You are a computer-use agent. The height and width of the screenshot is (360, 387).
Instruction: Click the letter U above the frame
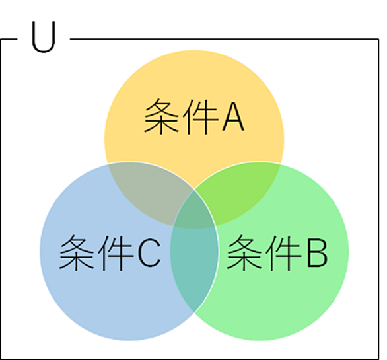(44, 36)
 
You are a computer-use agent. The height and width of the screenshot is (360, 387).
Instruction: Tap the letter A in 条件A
(233, 116)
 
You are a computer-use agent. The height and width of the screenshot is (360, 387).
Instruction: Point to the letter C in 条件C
(149, 253)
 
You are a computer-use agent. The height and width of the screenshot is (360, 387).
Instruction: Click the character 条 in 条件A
(162, 116)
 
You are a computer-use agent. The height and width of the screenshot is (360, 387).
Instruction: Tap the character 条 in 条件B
(244, 252)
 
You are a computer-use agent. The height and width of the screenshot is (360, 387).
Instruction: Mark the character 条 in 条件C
(77, 252)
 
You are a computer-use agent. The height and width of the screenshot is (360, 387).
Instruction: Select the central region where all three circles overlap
(194, 211)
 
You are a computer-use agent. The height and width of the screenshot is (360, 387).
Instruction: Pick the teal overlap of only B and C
(194, 267)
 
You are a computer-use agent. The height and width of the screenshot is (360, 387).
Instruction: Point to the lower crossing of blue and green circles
(194, 312)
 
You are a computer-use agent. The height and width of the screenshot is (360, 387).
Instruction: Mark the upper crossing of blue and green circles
(194, 190)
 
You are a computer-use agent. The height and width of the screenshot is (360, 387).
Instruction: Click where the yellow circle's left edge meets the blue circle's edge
(108, 164)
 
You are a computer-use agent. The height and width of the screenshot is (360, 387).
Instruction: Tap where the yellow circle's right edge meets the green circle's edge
(281, 164)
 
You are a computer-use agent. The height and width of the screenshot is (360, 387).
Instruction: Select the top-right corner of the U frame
(379, 39)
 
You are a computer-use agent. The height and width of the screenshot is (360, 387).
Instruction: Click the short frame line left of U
(9, 39)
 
